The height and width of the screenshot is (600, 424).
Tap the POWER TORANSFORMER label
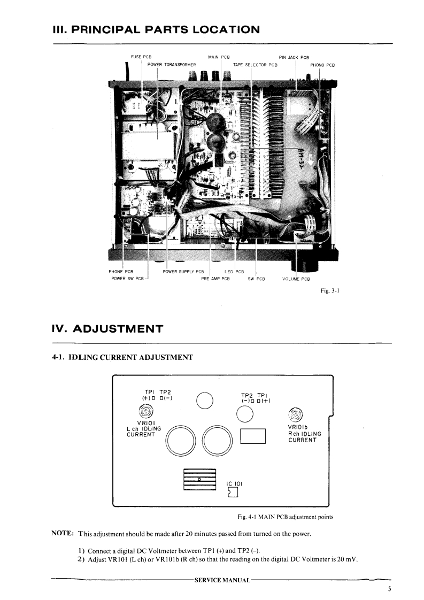(172, 65)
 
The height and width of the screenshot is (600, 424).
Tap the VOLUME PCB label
(296, 279)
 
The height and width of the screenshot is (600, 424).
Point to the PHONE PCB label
(121, 272)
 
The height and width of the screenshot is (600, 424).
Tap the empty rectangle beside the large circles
(253, 436)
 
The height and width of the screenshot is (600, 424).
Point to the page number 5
(390, 589)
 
